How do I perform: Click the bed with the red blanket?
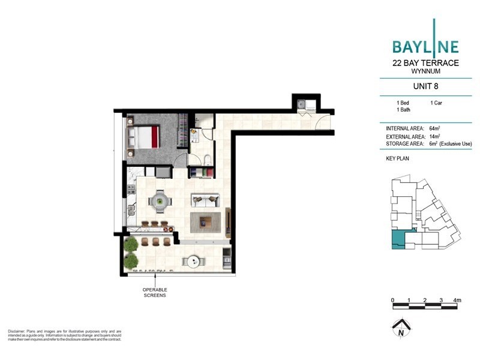143,136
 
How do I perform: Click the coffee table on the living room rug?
205,222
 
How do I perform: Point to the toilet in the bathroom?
206,160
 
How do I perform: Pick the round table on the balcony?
193,261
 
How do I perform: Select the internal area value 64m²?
436,128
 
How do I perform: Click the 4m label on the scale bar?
457,299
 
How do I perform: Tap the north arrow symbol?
399,329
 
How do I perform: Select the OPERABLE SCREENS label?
154,292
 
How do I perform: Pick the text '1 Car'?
437,103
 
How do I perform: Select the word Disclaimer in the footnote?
17,331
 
